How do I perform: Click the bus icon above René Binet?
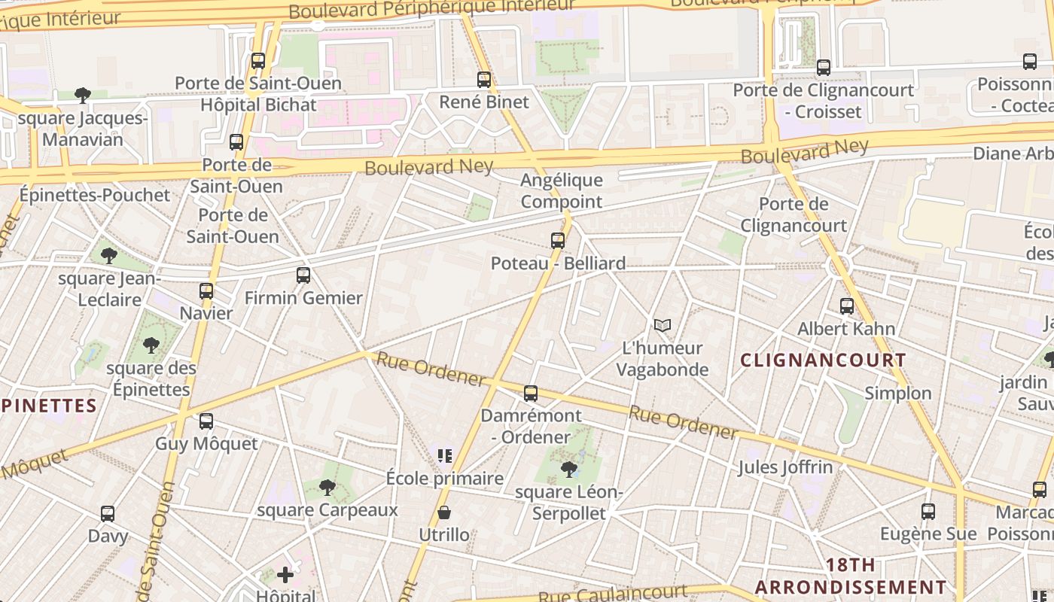coord(484,79)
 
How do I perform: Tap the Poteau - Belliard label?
coord(558,263)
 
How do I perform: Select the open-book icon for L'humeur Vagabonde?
coord(663,325)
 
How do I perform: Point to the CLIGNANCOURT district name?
coord(824,360)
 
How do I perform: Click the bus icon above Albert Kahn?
coord(847,306)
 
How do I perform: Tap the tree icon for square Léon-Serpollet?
coord(569,470)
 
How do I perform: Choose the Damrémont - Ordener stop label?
coord(531,426)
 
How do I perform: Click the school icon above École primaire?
coord(444,455)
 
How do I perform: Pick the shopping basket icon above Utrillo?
coord(444,513)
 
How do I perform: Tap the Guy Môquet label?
coord(206,443)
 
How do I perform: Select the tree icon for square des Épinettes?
coord(151,345)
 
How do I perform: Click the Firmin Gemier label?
coord(303,298)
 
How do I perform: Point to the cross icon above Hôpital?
coord(285,576)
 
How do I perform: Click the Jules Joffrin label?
coord(785,467)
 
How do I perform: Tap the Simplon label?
coord(897,393)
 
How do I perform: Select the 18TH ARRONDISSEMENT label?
coord(851,576)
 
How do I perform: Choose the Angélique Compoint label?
coord(562,190)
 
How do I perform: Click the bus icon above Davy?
coord(108,514)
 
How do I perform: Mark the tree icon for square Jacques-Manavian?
coord(83,95)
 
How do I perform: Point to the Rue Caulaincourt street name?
coord(612,594)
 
